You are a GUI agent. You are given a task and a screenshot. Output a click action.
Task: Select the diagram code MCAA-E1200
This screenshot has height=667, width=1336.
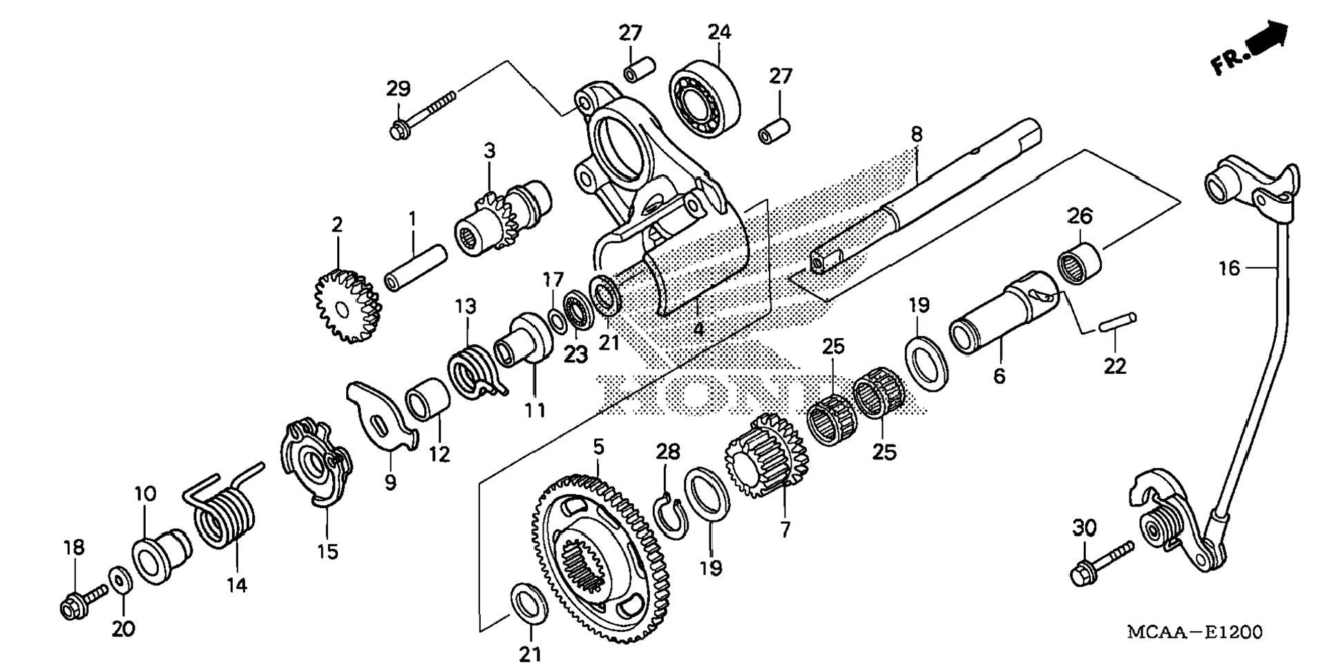click(1194, 632)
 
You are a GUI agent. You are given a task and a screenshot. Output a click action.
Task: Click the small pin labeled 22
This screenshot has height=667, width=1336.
click(1116, 322)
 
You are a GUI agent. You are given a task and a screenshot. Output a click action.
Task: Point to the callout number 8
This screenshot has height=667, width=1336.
click(916, 135)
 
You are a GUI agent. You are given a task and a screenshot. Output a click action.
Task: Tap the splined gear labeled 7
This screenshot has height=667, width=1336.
click(767, 457)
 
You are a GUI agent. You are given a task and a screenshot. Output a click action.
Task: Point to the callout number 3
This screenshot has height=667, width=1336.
click(489, 151)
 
